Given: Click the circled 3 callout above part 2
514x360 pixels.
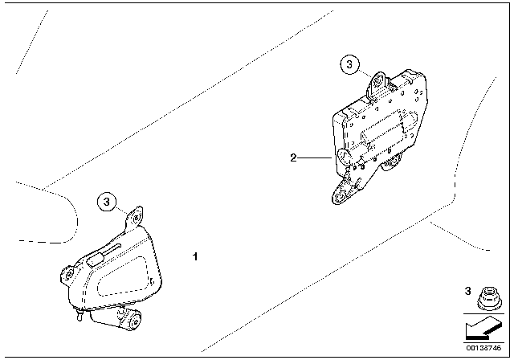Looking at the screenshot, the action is point(349,64).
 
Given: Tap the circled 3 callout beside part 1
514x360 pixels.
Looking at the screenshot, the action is point(107,202).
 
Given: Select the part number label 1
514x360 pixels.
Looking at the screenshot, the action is point(195,256).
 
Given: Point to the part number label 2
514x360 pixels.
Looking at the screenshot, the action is point(293,157).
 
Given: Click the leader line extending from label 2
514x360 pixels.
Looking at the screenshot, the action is point(315,158).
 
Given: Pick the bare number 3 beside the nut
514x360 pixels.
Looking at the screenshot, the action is point(467,291).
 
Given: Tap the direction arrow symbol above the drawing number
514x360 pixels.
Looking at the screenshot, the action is point(483,329).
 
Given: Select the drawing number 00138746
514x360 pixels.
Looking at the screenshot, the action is point(483,348).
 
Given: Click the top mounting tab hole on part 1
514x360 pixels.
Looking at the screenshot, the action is point(136,217).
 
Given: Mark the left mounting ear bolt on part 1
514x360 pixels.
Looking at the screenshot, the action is point(69,275).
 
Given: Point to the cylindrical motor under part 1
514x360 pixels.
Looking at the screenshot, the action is point(116,319).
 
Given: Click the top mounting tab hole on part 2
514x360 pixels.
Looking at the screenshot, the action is point(379,80).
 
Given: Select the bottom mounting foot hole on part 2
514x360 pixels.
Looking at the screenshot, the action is point(340,196).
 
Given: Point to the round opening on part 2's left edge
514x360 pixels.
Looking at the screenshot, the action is point(343,157).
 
